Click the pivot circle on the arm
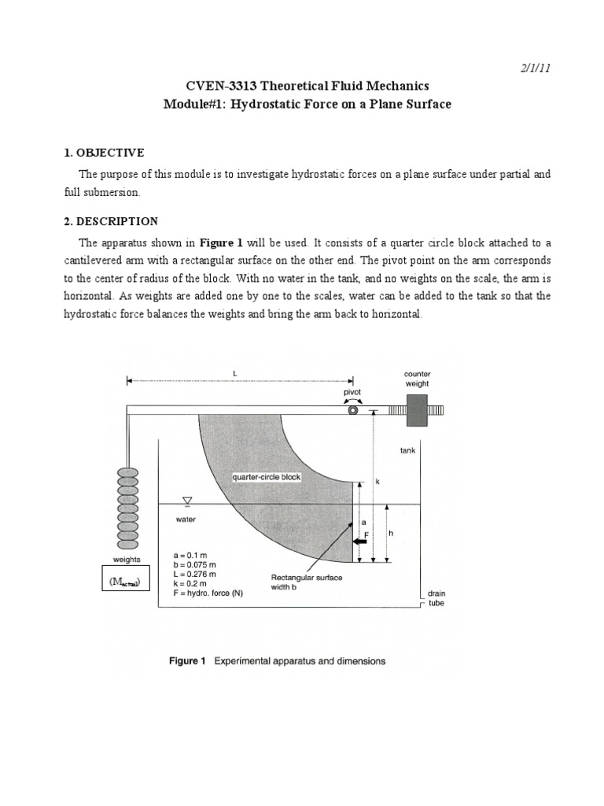coord(353,409)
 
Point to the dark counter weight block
coord(418,409)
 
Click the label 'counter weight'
coord(417,379)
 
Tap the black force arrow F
coord(360,542)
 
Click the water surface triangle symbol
coord(187,499)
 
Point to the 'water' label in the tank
coord(186,519)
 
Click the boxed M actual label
coord(127,582)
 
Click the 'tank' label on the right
coord(407,451)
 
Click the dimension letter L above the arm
coord(234,372)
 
